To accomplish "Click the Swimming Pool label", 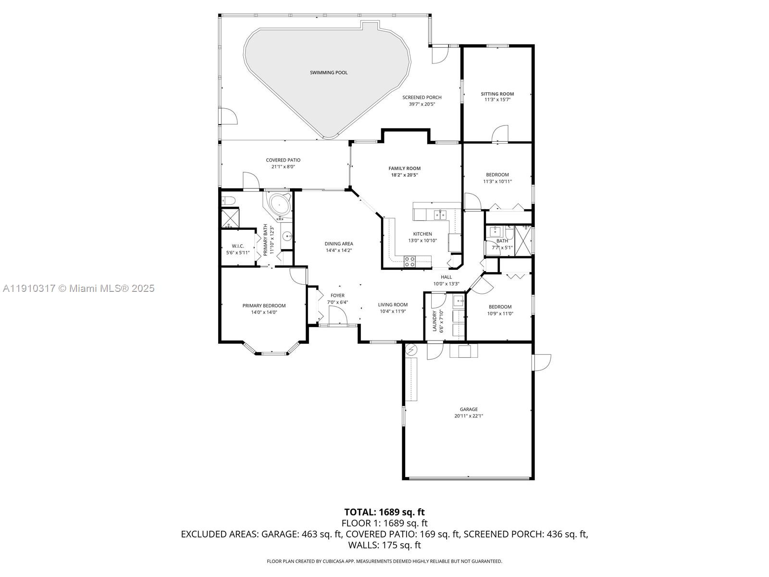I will coord(328,73).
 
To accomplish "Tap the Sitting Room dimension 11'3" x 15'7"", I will coord(497,100).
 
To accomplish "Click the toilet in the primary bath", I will coord(227,200).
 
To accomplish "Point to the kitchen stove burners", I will coord(409,262).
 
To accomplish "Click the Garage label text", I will coord(469,409).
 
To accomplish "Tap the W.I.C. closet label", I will coord(238,246).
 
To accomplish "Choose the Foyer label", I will coord(337,296).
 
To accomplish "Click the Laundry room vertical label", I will coord(435,321).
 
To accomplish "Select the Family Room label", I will coord(404,168).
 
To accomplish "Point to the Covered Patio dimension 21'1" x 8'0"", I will coord(283,167).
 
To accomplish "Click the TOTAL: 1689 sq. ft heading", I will coord(384,512).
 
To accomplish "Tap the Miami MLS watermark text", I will coord(79,288).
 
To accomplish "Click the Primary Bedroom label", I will coord(264,306).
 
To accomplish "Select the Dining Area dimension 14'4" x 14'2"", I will coord(339,250).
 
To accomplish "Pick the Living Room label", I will coord(393,304).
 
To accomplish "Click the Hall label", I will coord(447,277).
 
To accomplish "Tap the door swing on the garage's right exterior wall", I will coord(542,362).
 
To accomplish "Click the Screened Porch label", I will coord(422,98).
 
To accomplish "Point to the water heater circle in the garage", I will coord(411,350).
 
